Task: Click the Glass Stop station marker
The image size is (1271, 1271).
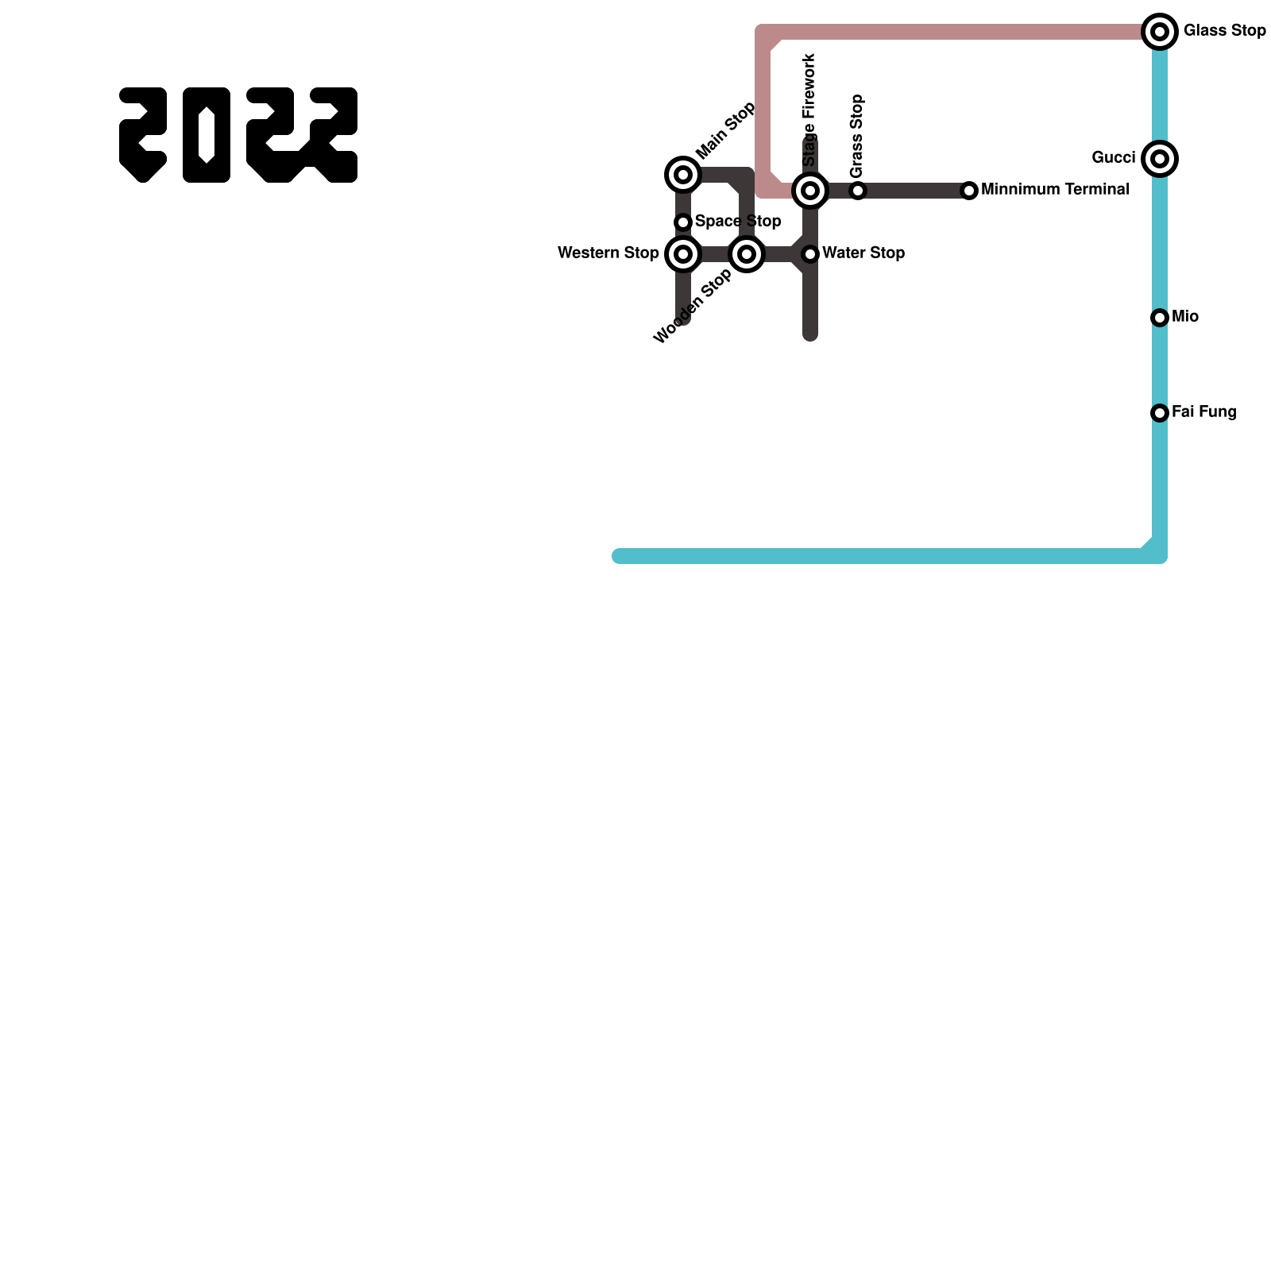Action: coord(1160,32)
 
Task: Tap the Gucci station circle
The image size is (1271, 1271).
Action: coord(1160,159)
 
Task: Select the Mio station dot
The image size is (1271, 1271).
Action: coord(1160,318)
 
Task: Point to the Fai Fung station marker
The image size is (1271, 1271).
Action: coord(1160,413)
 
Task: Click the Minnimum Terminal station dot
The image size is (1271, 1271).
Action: coord(969,191)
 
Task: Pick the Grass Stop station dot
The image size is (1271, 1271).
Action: coord(858,191)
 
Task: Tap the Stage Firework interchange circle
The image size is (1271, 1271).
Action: coord(810,191)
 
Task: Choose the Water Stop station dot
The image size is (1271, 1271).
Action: coord(810,254)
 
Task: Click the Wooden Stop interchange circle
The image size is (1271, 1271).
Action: coord(747,254)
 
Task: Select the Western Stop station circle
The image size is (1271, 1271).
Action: coord(683,254)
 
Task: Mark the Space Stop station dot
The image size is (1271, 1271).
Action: coord(683,222)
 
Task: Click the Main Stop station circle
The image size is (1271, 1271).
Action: coord(683,175)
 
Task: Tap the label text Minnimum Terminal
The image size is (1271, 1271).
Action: coord(1055,190)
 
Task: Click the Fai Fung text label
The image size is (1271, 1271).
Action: coord(1203,412)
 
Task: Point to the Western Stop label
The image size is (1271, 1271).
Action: coord(608,253)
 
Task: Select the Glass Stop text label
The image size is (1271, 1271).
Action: coord(1224,31)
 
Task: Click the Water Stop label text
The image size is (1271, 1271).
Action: coord(863,253)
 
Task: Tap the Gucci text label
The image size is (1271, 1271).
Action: coord(1113,158)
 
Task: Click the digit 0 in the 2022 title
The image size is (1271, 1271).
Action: coord(207,135)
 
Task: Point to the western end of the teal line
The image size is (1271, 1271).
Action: coord(620,556)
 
